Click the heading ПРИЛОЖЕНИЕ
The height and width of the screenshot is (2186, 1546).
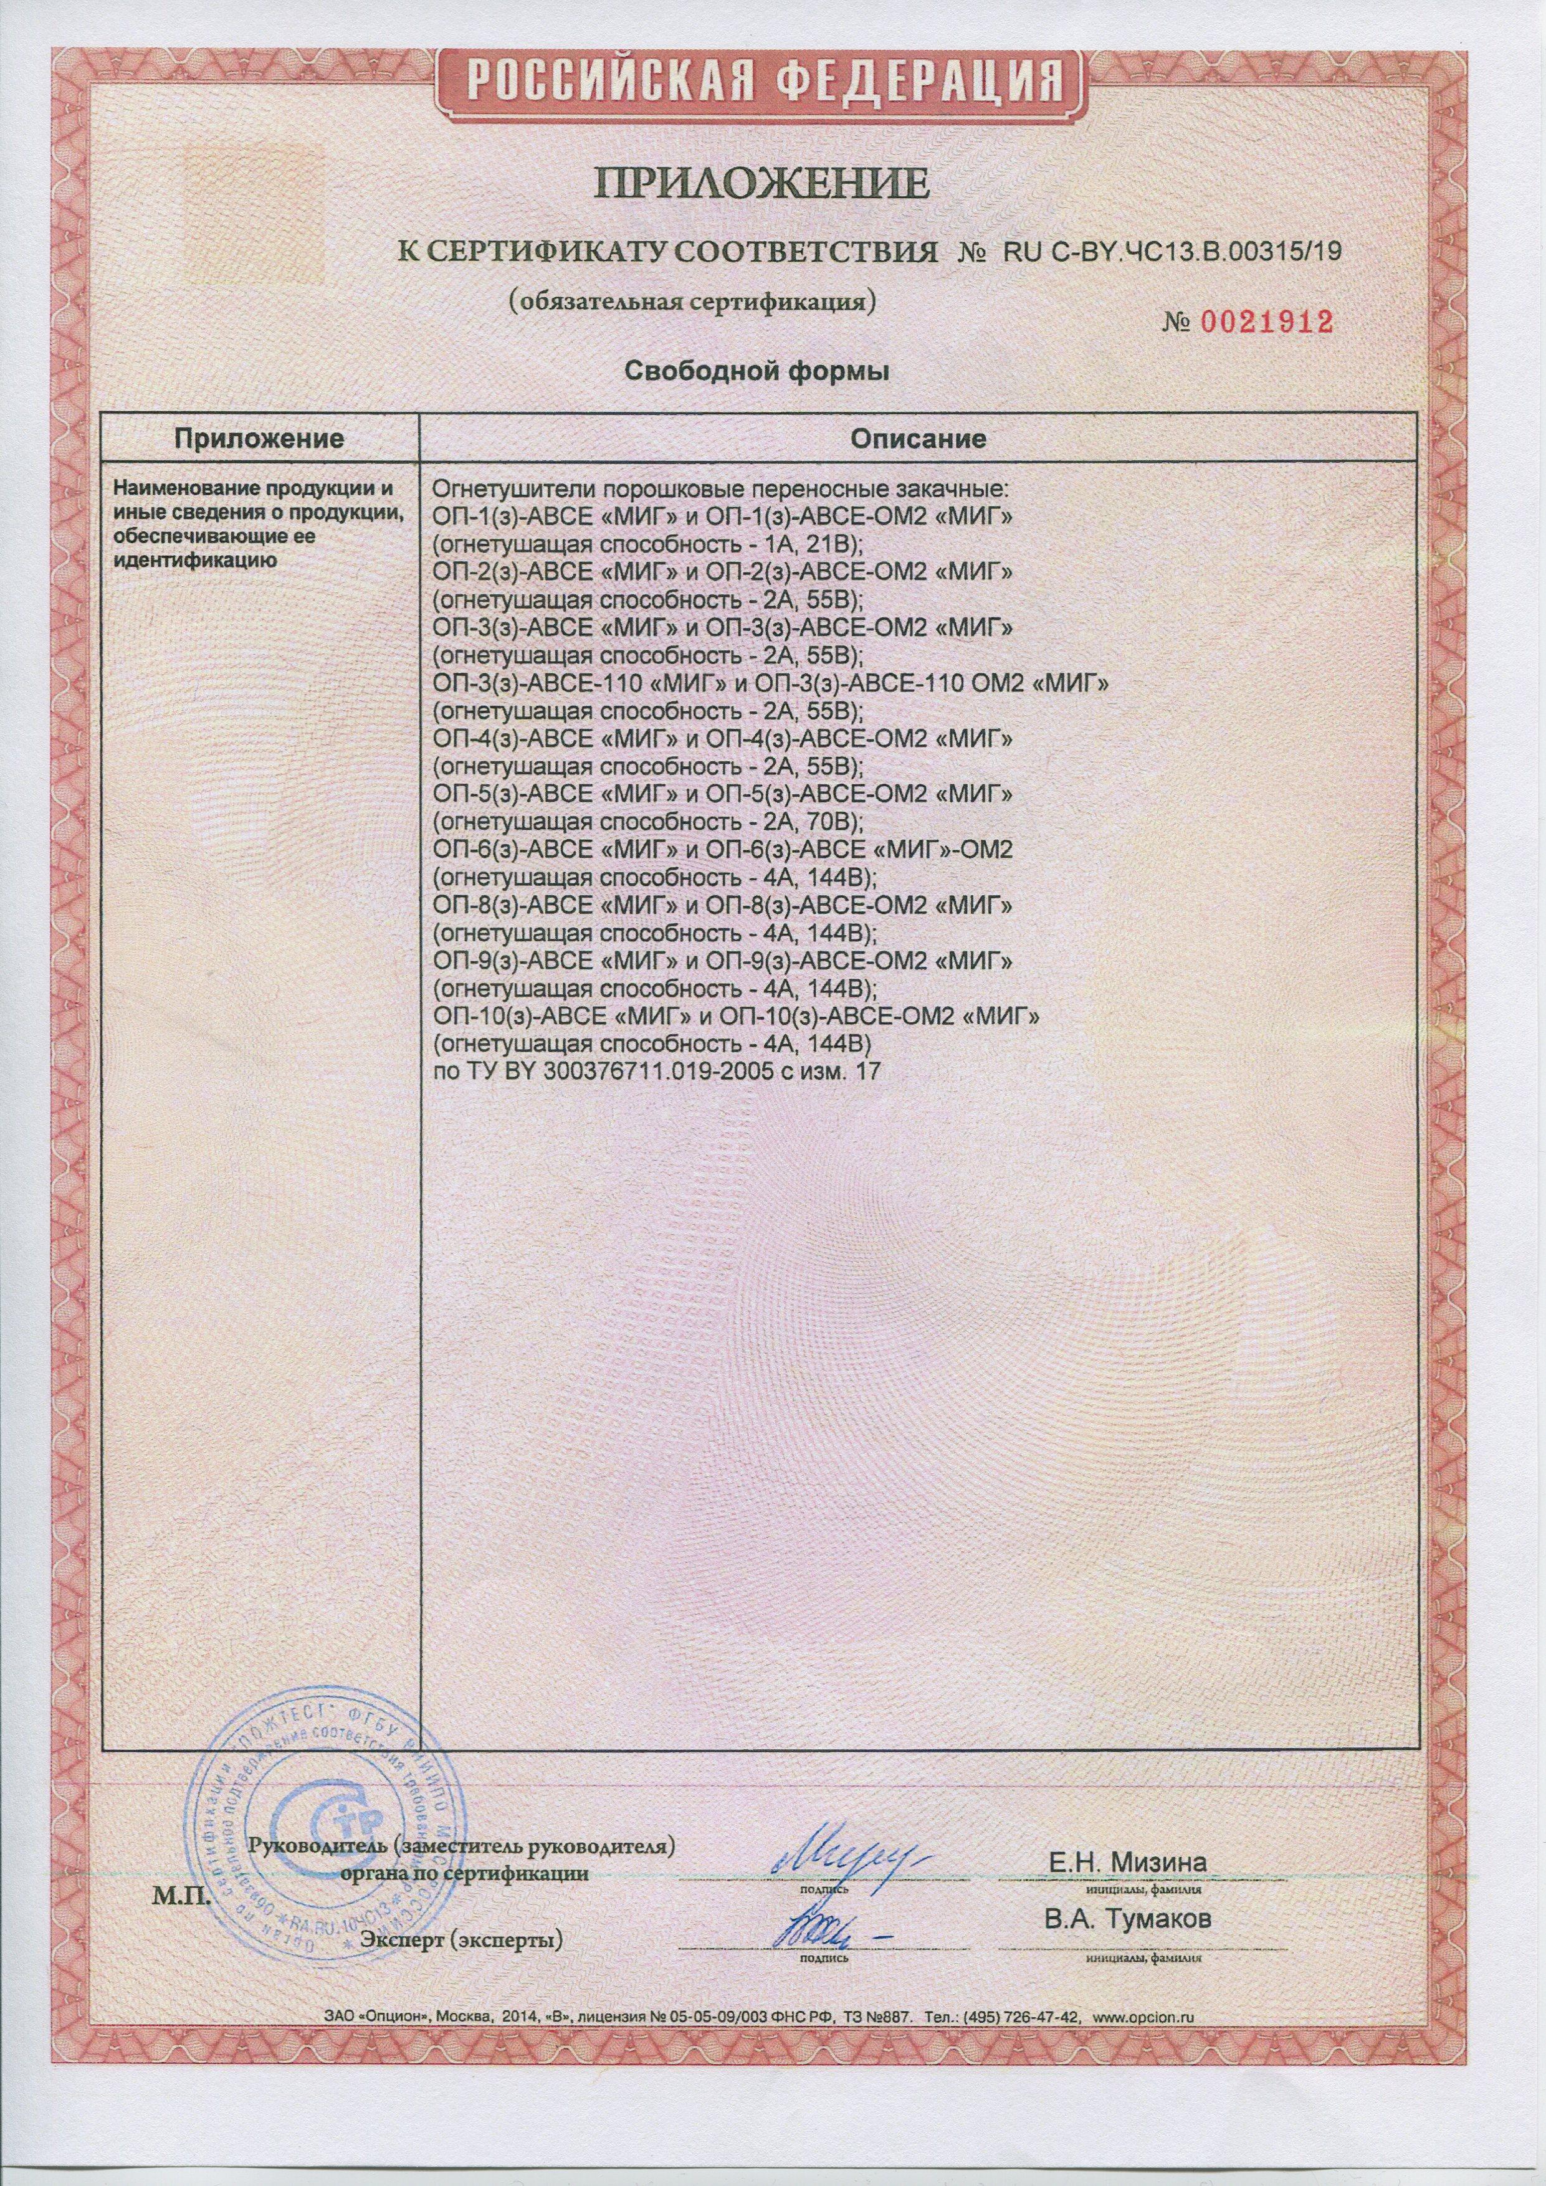click(762, 182)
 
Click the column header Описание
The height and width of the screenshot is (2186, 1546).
click(917, 439)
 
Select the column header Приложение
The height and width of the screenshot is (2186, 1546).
click(258, 439)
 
